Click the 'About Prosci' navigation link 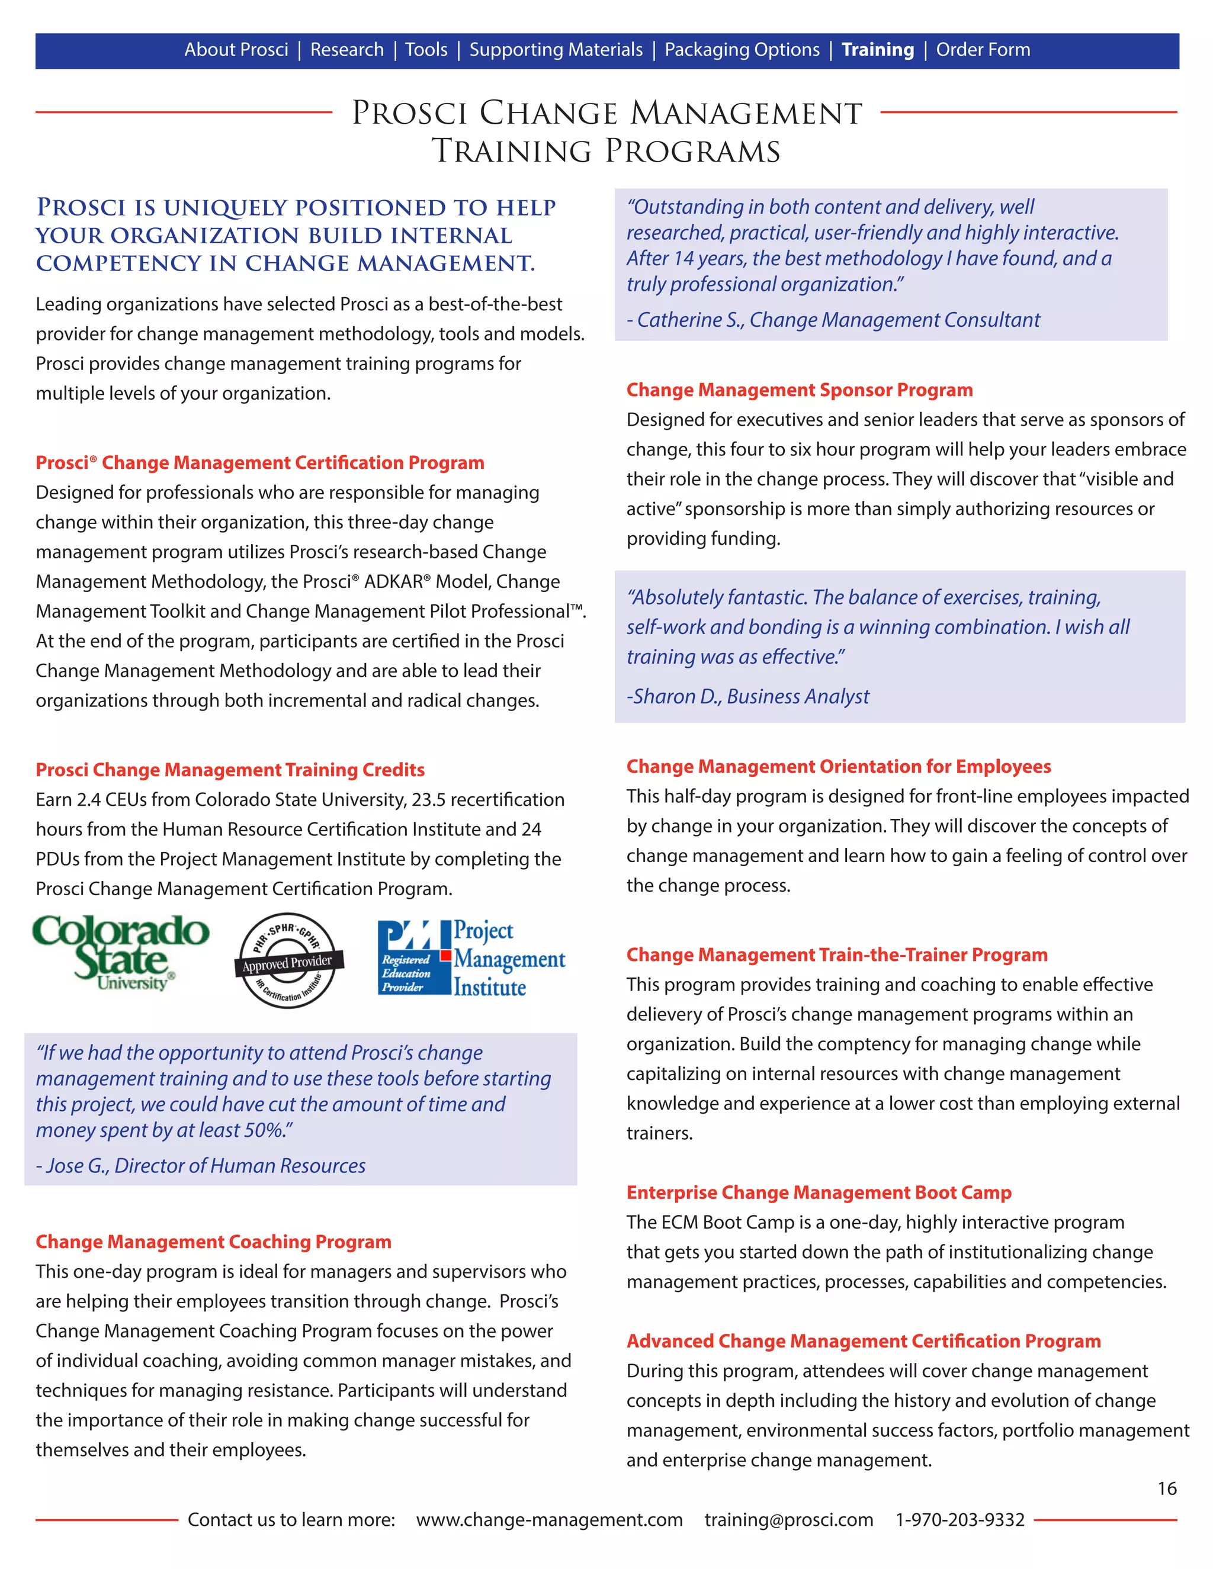coord(236,50)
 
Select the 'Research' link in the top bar coord(347,50)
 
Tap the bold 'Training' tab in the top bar coord(877,50)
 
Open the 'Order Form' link coord(983,50)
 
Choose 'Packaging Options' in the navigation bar coord(742,50)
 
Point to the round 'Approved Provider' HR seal coord(288,960)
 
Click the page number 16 coord(1166,1488)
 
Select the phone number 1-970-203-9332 coord(960,1519)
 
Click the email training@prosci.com coord(788,1519)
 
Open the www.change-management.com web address coord(549,1519)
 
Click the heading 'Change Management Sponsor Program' coord(799,390)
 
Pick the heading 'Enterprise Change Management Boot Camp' coord(819,1192)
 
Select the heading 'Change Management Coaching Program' coord(213,1242)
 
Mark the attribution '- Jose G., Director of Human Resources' coord(201,1165)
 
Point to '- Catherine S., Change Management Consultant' coord(833,320)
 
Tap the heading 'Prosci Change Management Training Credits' coord(230,770)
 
